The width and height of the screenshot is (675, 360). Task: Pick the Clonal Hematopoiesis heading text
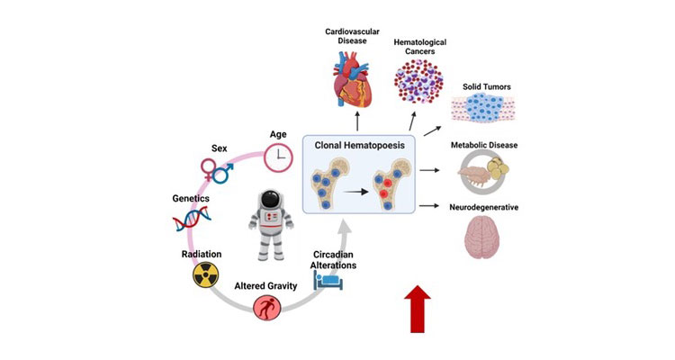[x=358, y=142]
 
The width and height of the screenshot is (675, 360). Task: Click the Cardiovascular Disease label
[x=352, y=34]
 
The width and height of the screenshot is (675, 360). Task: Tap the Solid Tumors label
[x=487, y=87]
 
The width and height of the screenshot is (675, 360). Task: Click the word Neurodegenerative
[x=487, y=208]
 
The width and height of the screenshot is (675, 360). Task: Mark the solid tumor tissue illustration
[x=487, y=112]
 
